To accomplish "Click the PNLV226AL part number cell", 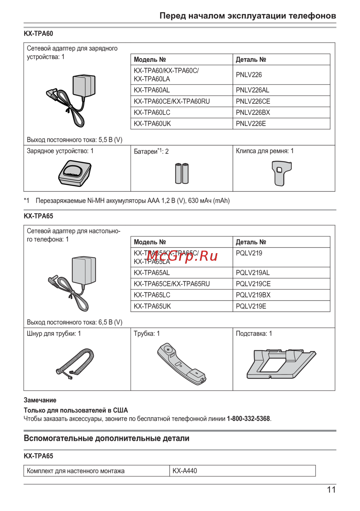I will coord(252,90).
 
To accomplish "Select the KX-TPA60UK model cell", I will coord(152,124).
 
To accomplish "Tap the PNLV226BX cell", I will coord(253,112).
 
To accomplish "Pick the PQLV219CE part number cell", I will coord(253,284).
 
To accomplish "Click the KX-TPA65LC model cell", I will coord(152,295).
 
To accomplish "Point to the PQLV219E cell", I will coord(251,306).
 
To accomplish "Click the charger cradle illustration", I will coord(75,173).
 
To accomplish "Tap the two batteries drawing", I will coord(182,174).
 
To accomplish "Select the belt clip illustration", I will coord(282,173).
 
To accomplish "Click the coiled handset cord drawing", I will coord(75,363).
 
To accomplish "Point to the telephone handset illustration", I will coord(181,364).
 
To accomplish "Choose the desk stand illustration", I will coord(281,364).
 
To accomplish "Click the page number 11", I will coord(331,490).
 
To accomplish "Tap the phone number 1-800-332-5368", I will coord(248,419).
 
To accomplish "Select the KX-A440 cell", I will coord(185,471).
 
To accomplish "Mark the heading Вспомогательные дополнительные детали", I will coord(106,438).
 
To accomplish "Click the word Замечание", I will coord(40,400).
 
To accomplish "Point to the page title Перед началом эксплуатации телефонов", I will coord(248,16).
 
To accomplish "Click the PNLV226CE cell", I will coord(253,101).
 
